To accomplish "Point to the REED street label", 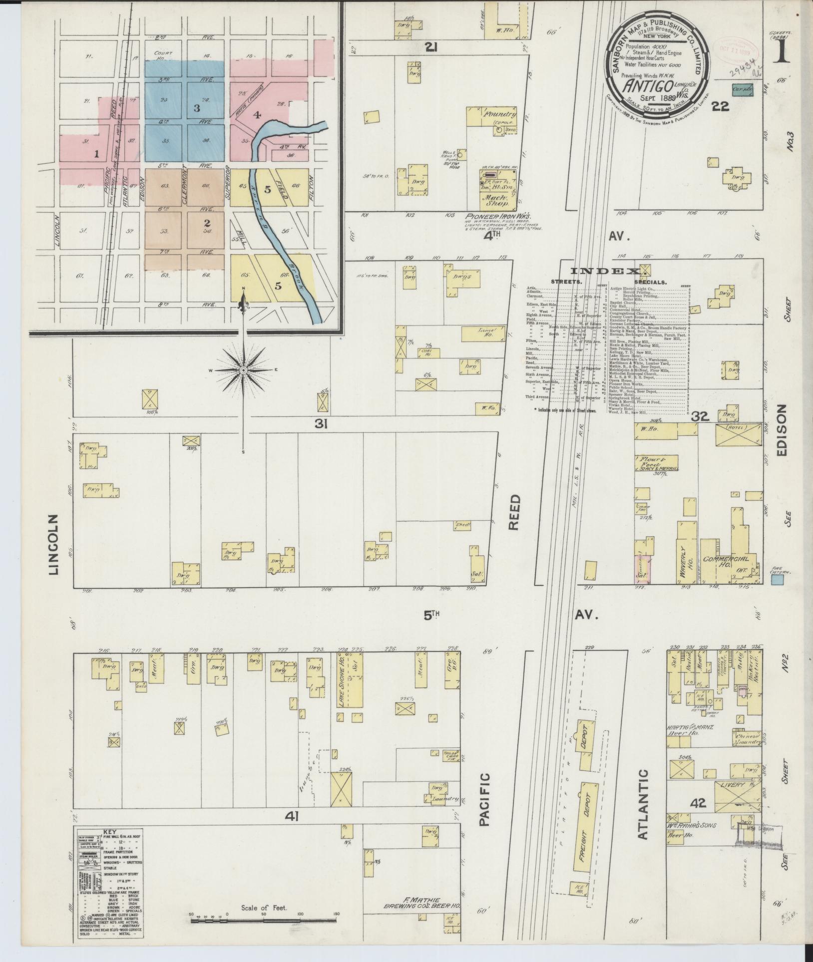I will click(515, 512).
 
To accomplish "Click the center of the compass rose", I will click(243, 370).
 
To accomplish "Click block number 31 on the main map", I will click(321, 424).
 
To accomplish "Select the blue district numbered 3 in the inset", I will click(197, 108).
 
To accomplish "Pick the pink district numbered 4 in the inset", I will click(257, 115).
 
